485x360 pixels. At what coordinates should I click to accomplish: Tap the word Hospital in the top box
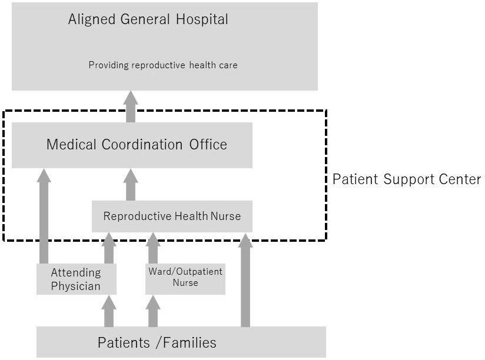tap(202, 19)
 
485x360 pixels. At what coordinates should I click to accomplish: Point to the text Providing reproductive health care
tap(163, 65)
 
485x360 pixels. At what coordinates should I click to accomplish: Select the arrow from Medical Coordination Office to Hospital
tap(131, 106)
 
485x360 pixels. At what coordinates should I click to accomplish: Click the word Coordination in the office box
tap(142, 144)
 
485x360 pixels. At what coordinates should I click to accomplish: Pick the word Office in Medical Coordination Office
tap(208, 144)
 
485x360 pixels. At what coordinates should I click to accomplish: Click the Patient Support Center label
tap(407, 179)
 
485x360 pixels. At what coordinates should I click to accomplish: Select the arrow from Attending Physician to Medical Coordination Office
tap(44, 216)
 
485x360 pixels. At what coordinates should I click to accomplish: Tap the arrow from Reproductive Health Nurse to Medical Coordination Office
tap(131, 185)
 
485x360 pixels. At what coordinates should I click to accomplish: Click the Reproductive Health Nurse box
tap(172, 216)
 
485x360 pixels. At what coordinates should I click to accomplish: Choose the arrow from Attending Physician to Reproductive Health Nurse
tap(108, 248)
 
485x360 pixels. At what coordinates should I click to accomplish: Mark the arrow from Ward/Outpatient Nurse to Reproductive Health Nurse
tap(153, 248)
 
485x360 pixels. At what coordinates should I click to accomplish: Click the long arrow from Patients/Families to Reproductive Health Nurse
tap(245, 280)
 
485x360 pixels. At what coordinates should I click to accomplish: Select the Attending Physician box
tap(77, 279)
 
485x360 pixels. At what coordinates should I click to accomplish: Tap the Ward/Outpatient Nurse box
tap(185, 279)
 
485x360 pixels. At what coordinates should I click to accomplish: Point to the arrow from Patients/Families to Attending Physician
tap(108, 311)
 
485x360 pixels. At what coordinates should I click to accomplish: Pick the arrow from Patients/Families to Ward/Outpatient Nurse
tap(153, 311)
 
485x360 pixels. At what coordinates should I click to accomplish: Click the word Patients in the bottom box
tap(124, 343)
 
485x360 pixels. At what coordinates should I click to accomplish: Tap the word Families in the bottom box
tap(190, 343)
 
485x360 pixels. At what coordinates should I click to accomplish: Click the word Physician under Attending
tap(76, 286)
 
